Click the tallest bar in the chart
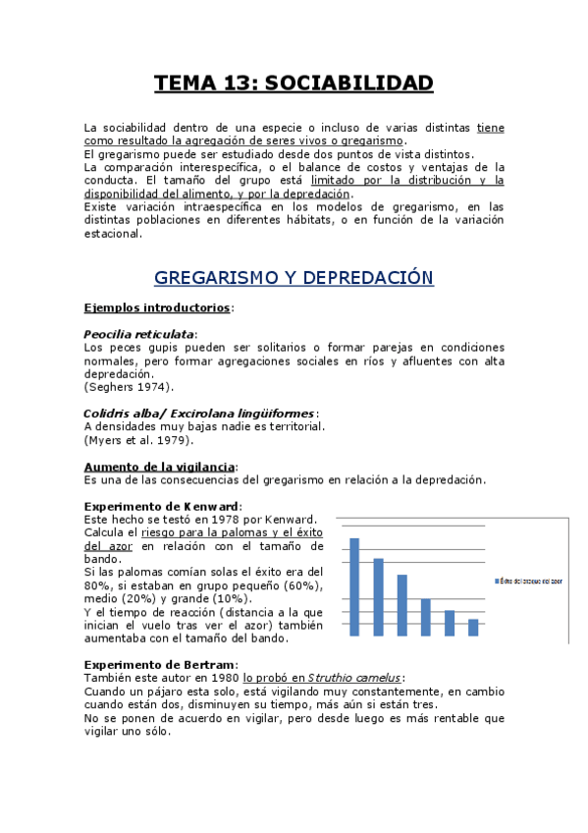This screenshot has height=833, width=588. [354, 585]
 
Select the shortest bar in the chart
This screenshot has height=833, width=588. [472, 627]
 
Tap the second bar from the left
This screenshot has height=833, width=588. [378, 596]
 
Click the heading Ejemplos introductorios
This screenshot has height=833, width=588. [157, 307]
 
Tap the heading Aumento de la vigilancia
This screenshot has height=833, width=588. [159, 466]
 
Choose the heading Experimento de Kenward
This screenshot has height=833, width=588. [161, 506]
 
